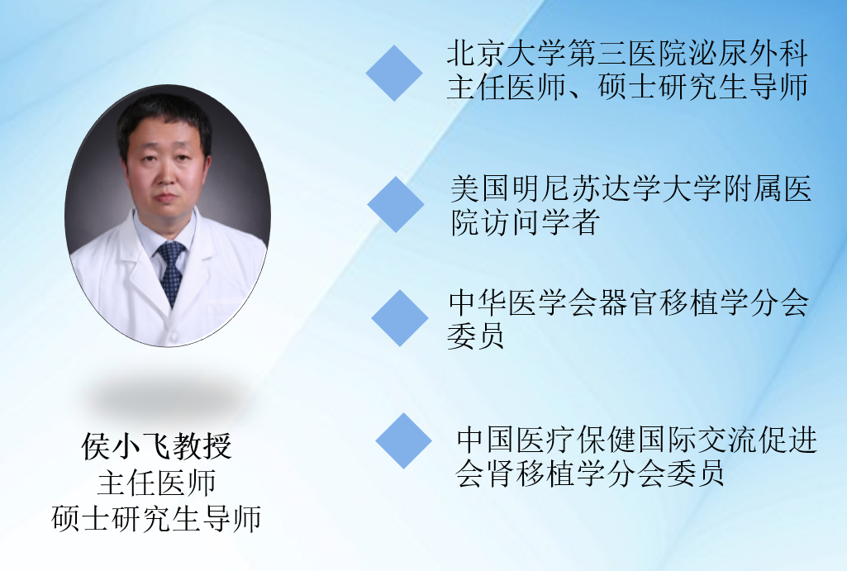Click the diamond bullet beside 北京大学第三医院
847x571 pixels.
[x=394, y=73]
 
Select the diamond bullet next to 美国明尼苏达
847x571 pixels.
[x=396, y=204]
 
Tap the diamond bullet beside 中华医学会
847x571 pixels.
[x=400, y=318]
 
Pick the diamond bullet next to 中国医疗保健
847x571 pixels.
[x=403, y=440]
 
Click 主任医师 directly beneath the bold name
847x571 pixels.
[x=157, y=483]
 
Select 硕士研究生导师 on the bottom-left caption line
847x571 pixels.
[x=157, y=518]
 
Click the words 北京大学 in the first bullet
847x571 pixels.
[x=506, y=54]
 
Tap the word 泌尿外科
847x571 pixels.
[x=748, y=54]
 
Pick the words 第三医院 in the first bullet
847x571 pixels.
[x=626, y=54]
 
